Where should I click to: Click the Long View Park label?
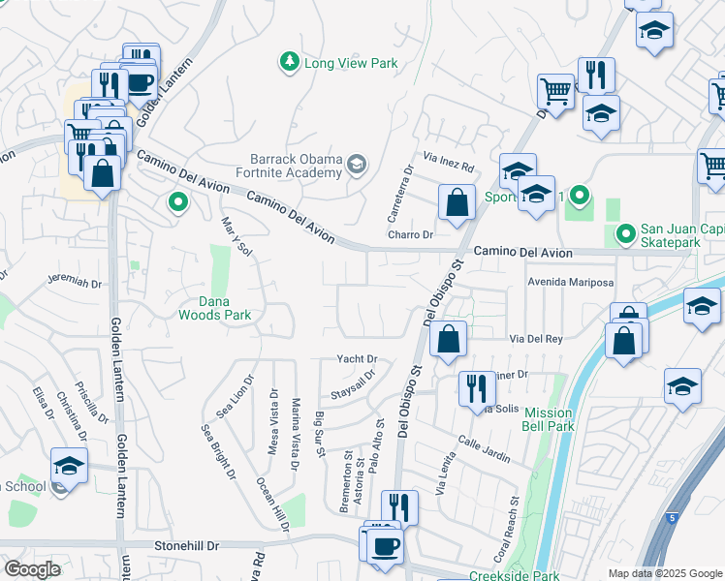(x=351, y=64)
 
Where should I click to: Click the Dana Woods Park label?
(x=214, y=307)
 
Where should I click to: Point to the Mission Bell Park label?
(x=549, y=419)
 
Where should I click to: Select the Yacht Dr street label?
(x=357, y=359)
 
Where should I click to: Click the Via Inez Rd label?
(x=449, y=155)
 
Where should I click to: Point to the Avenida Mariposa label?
(x=571, y=283)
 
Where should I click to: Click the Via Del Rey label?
(x=536, y=340)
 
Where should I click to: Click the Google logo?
(x=33, y=569)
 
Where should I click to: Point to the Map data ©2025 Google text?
(x=665, y=573)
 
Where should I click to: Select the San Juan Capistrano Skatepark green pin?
(x=625, y=233)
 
